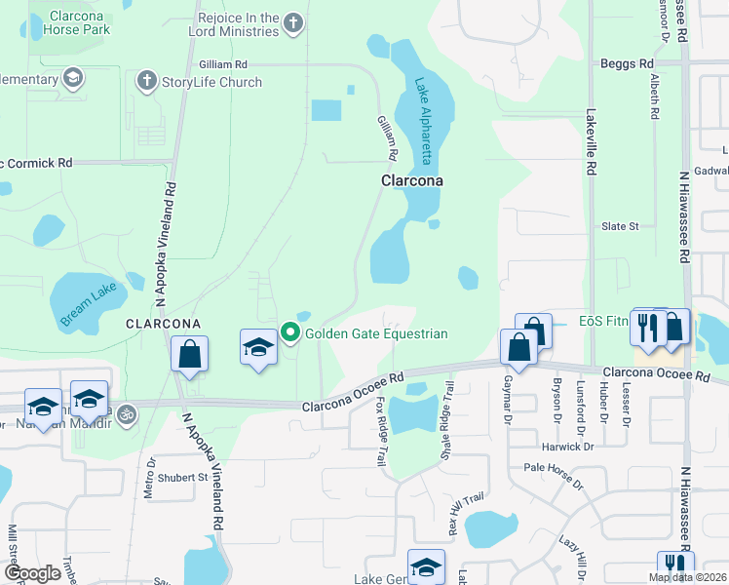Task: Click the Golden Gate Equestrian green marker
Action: (290, 333)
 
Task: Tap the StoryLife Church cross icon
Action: (147, 81)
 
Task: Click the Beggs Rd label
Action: (627, 63)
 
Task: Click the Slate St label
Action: (620, 226)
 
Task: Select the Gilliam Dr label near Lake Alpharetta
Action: (388, 137)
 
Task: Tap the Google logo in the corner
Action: (32, 573)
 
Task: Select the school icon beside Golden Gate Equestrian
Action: (258, 347)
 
